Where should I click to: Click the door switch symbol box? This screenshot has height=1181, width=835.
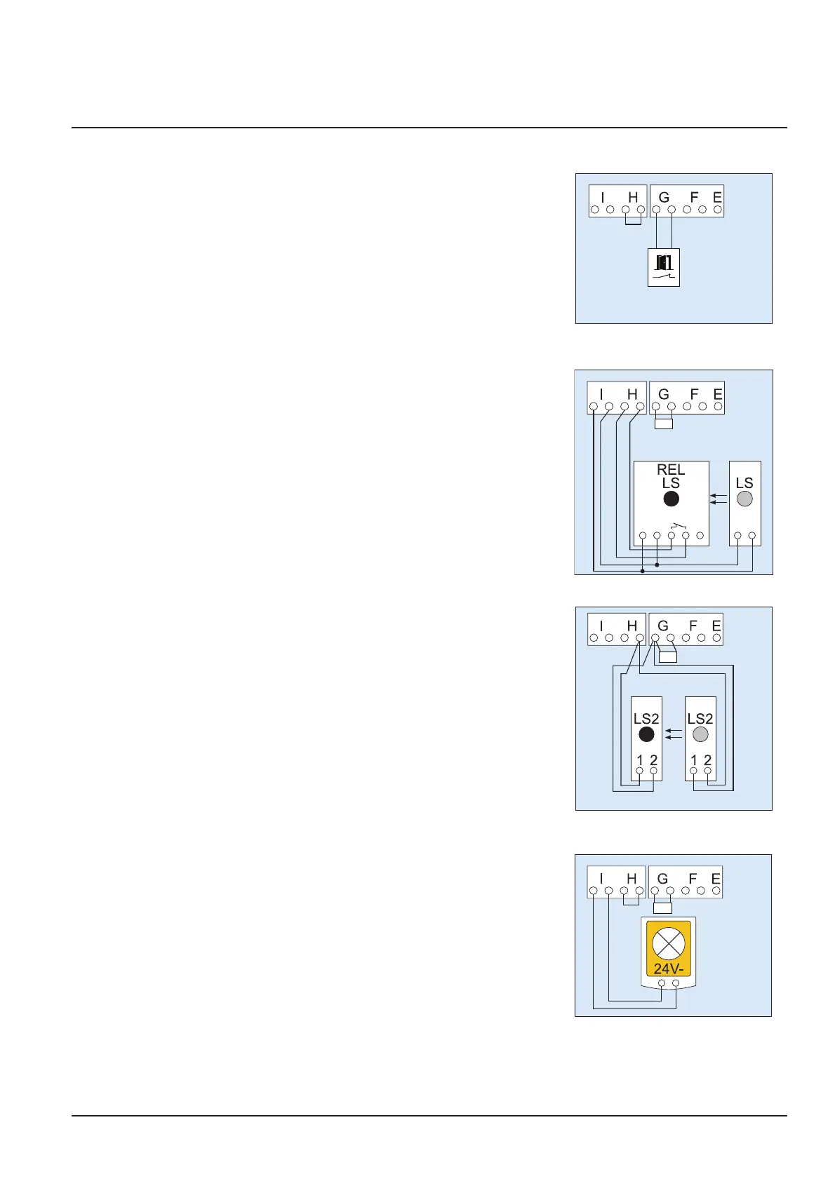664,267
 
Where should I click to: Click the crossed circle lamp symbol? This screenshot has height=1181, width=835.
668,943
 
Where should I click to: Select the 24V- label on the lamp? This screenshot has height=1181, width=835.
669,969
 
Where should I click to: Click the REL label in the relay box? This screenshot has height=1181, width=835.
671,470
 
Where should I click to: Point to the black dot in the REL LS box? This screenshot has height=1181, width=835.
672,499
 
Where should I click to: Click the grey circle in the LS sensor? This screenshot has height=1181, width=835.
744,499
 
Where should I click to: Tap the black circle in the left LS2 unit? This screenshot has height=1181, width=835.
646,734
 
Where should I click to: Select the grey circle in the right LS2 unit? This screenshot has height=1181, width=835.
700,734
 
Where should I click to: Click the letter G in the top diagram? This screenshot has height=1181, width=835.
664,198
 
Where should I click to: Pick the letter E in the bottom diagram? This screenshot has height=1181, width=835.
716,879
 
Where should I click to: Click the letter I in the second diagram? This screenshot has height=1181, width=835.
601,395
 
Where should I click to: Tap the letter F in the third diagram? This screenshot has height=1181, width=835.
693,626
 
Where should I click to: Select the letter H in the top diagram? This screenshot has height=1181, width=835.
633,198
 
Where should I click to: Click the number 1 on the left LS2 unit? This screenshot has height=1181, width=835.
639,760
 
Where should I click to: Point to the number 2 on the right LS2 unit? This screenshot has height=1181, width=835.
707,760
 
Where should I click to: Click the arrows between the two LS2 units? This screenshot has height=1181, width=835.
674,734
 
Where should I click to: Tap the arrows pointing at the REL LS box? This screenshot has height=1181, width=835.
719,499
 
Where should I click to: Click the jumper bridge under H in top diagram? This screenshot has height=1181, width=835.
633,222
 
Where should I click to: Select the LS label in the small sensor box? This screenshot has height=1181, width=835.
744,483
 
